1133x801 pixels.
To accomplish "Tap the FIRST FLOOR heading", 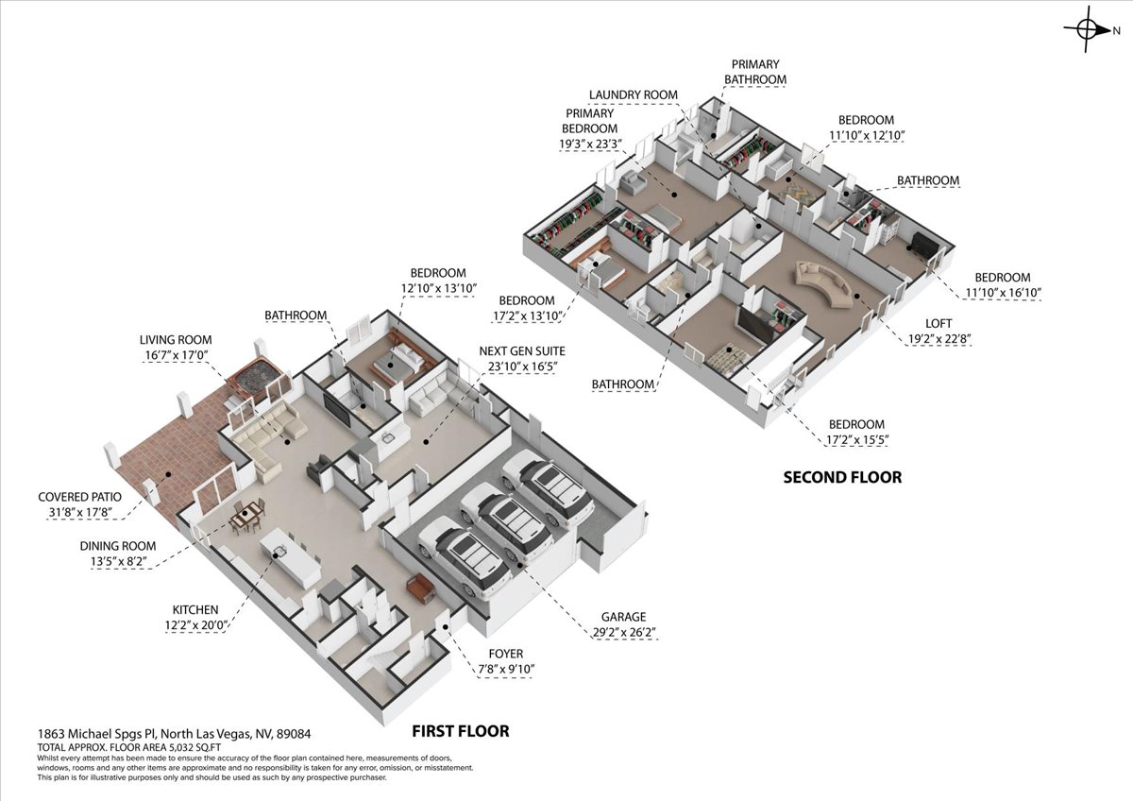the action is tap(461, 731).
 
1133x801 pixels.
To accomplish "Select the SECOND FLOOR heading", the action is tap(842, 477).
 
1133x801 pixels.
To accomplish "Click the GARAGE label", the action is tap(623, 617).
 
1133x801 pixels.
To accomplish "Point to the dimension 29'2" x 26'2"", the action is tap(624, 632).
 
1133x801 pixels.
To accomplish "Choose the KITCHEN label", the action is tap(195, 610).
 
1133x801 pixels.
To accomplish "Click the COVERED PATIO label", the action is tap(80, 497).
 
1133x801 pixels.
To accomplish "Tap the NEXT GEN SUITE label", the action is tap(522, 351).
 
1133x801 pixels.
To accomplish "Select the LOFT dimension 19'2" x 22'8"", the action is tap(939, 338).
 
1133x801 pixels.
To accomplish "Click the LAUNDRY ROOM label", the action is tap(634, 94).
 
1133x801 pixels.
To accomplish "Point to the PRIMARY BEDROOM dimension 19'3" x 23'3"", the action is tap(590, 145).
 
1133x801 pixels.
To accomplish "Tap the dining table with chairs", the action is tap(247, 517).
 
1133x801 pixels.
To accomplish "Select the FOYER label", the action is tap(506, 654).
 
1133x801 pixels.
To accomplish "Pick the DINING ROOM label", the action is tap(118, 546).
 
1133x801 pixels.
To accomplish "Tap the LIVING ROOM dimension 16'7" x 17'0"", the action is tap(177, 355).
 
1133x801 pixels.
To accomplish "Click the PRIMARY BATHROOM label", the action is tap(755, 72).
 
